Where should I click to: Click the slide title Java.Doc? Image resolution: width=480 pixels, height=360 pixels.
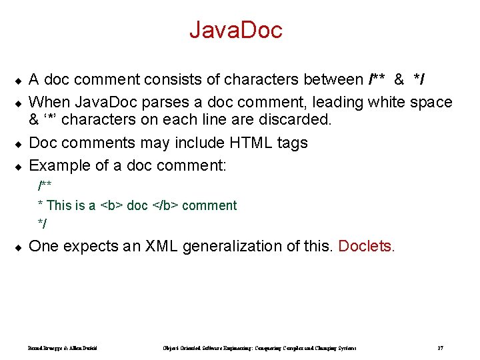[x=236, y=29]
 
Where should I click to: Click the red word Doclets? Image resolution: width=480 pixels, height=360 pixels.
[x=367, y=246]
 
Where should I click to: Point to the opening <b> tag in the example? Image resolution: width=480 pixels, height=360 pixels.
[x=111, y=205]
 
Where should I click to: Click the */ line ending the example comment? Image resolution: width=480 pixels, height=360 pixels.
[x=43, y=223]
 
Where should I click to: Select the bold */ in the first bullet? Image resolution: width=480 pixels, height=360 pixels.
[x=420, y=81]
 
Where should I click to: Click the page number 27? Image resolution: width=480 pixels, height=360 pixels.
[x=441, y=348]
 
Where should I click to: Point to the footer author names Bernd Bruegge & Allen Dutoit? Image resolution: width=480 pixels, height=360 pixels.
[x=63, y=348]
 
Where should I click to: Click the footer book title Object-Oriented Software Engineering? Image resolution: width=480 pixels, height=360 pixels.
[x=259, y=348]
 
